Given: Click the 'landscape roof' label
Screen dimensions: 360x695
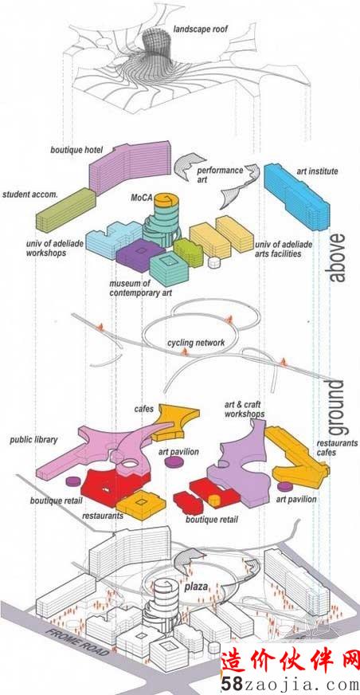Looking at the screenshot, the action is (x=201, y=29).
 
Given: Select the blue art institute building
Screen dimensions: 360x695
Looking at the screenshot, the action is (x=296, y=196).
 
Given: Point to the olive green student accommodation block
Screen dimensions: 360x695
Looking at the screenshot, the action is (x=65, y=209).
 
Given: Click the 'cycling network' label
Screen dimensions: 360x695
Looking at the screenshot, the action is (x=196, y=343).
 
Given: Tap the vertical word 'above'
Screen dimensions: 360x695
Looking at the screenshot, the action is (x=338, y=257).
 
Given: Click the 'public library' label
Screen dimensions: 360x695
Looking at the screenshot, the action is (x=33, y=440).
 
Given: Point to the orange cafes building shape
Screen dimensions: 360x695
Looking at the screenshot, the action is (x=175, y=421).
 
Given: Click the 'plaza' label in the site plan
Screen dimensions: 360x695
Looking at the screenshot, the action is (x=196, y=587).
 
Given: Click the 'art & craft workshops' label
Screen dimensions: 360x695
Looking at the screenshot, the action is (x=245, y=409).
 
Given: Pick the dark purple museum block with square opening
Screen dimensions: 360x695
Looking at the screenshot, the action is (x=140, y=254).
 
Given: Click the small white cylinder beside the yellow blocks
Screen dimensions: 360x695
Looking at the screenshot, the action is (x=214, y=262).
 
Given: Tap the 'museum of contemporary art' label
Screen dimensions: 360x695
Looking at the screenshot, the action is (x=140, y=288).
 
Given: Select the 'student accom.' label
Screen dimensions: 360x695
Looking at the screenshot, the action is (x=30, y=194).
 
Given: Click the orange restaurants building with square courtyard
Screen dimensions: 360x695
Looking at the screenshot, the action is (x=141, y=505).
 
